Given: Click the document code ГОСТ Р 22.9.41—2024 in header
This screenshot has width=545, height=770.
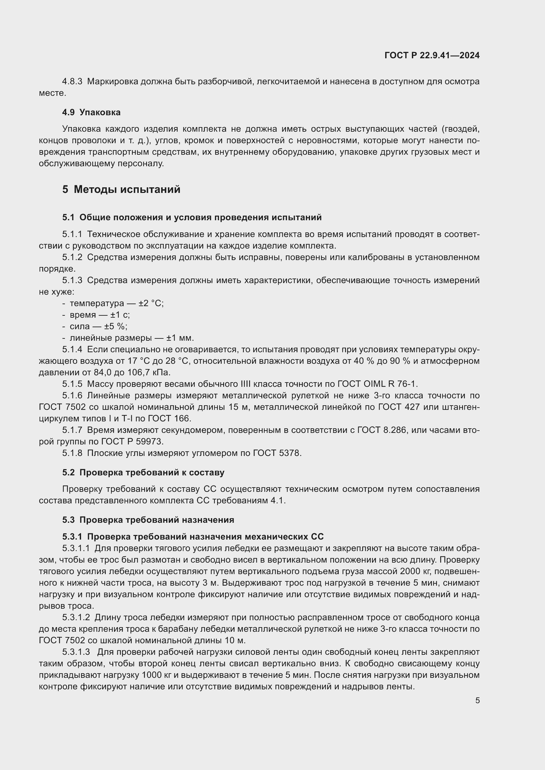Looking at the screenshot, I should [x=432, y=56].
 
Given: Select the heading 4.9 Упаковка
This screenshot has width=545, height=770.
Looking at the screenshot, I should [x=91, y=112].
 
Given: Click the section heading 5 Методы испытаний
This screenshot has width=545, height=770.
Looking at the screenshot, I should [x=121, y=190].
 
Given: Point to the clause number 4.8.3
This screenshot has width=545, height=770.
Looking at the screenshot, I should [x=72, y=82].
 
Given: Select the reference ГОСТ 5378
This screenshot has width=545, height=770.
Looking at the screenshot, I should [x=277, y=453].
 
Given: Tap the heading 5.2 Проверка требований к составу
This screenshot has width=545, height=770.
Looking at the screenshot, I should [x=143, y=472].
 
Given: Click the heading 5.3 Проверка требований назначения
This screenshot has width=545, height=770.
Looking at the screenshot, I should [x=148, y=520].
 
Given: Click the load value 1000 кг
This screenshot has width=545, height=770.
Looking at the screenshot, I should [x=154, y=675].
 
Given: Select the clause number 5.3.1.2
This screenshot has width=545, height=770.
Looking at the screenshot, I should [x=76, y=617].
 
